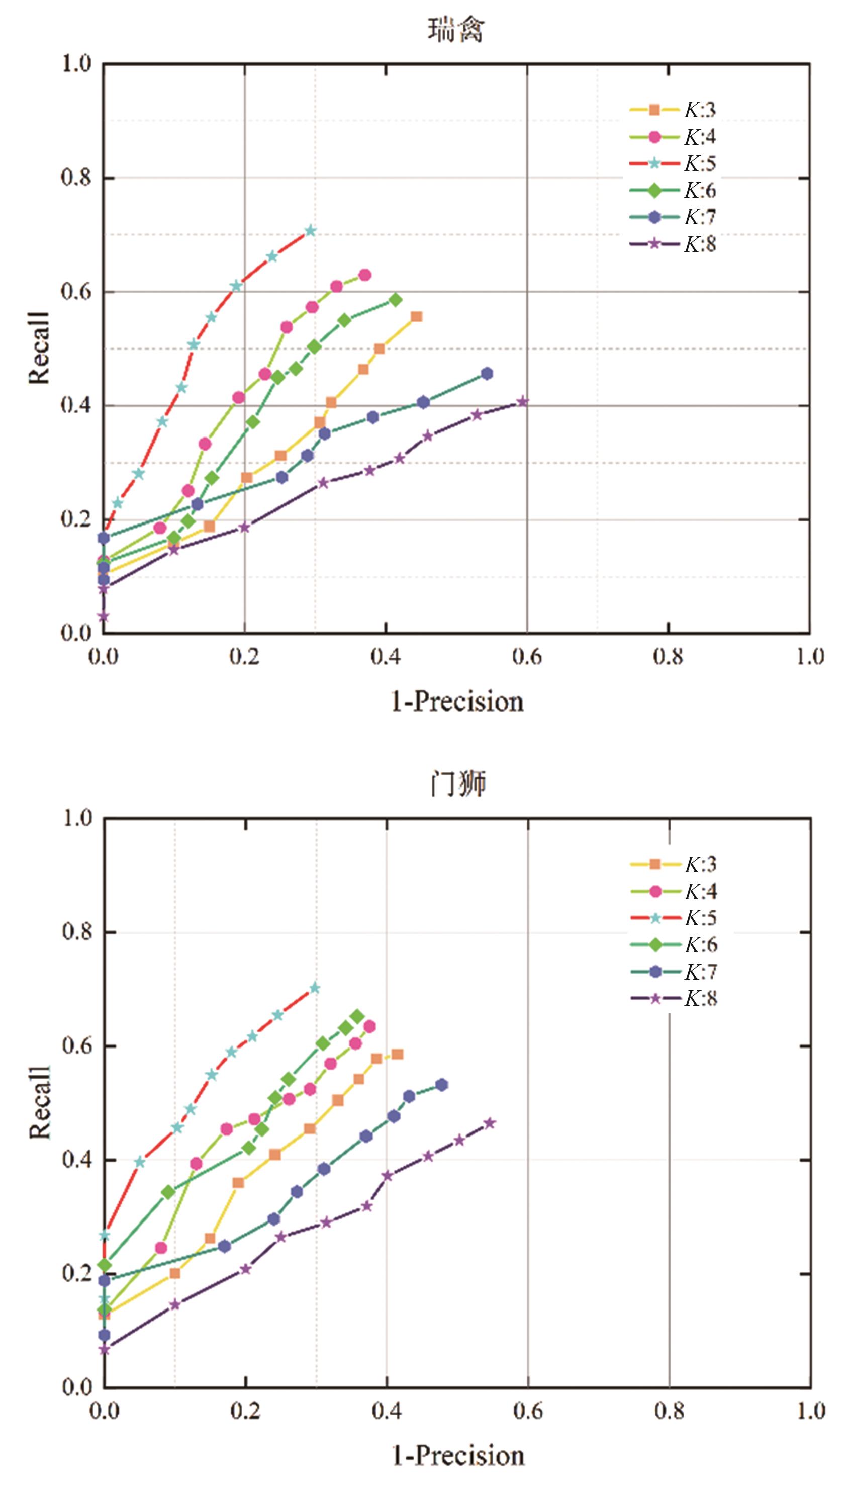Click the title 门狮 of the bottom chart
coord(457,784)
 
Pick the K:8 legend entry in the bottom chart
coord(674,999)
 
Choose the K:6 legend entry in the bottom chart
coord(674,945)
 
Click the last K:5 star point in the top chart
coord(311,231)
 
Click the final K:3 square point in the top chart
coord(417,316)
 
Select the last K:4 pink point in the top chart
coord(365,275)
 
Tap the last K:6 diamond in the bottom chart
coord(357,1017)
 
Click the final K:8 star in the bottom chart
coord(490,1123)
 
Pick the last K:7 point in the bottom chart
coord(442,1084)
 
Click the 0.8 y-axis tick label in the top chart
coord(76,178)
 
